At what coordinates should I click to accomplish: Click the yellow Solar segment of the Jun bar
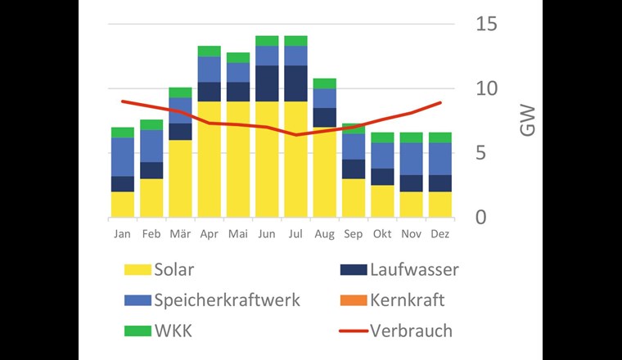(x=267, y=160)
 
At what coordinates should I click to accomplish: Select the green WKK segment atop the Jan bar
(x=123, y=133)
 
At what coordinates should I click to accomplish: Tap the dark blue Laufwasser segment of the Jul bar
(x=295, y=83)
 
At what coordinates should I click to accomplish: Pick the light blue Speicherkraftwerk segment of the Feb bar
(x=151, y=146)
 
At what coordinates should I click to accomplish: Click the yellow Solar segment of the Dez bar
(x=439, y=205)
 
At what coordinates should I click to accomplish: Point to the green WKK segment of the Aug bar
(x=324, y=83)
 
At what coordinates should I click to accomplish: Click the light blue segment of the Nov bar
(x=410, y=159)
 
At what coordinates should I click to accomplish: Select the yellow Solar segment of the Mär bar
(x=180, y=178)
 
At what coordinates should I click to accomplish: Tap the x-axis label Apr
(x=209, y=234)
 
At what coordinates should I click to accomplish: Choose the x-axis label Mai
(x=237, y=234)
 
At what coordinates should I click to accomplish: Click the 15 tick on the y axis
(x=486, y=24)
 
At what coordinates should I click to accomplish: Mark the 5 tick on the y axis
(x=486, y=153)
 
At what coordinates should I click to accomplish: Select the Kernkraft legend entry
(x=408, y=299)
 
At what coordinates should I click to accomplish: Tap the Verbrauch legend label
(x=411, y=331)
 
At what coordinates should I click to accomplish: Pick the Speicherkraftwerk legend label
(x=227, y=299)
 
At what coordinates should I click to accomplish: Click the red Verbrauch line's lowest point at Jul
(x=295, y=134)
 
